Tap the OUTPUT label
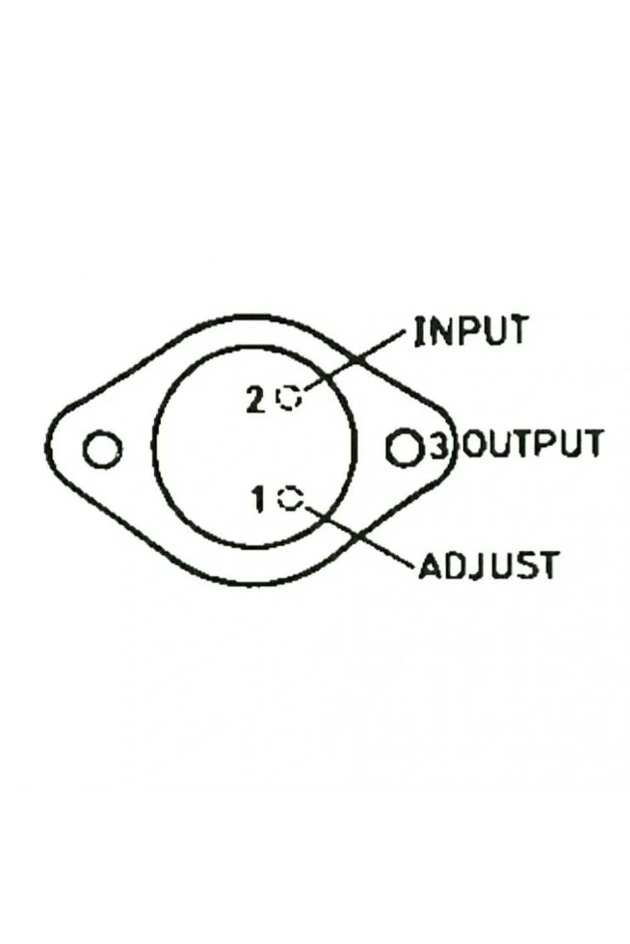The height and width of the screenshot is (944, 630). pos(532,443)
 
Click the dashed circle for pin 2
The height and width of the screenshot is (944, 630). pos(289,397)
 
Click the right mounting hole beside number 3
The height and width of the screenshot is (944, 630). pos(404,447)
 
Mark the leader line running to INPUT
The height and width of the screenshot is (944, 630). pos(354,361)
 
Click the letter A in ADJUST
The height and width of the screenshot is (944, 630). pos(432,565)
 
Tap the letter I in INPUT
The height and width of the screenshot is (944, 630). pos(420,331)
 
